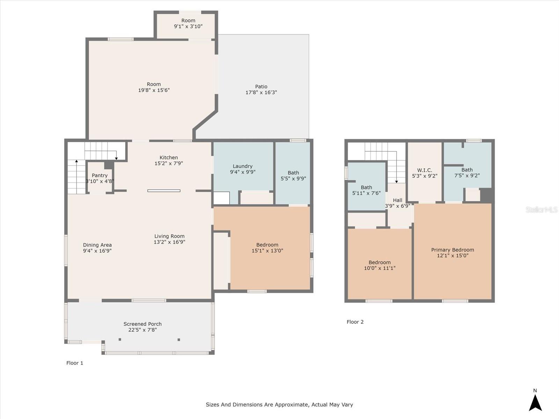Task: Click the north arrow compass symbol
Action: point(535,402)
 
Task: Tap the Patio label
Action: point(261,87)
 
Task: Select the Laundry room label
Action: point(242,166)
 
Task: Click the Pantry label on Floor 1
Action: point(100,175)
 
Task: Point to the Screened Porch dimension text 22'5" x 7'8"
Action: point(142,330)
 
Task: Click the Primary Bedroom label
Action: point(452,250)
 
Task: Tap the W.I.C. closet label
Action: point(424,170)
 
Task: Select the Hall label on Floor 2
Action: point(398,200)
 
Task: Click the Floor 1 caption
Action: point(75,363)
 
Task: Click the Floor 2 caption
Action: point(355,322)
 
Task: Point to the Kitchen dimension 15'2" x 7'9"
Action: point(169,163)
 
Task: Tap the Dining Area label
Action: point(97,245)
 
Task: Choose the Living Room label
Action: point(169,236)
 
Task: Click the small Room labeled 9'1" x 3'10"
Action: point(188,20)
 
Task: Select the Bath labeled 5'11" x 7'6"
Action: point(366,187)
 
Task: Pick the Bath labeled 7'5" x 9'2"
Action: point(467,170)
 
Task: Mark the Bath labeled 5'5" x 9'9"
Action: point(293,173)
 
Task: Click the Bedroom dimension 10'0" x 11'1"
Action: point(379,268)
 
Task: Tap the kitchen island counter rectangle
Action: point(164,191)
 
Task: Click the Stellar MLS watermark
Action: point(542,209)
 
